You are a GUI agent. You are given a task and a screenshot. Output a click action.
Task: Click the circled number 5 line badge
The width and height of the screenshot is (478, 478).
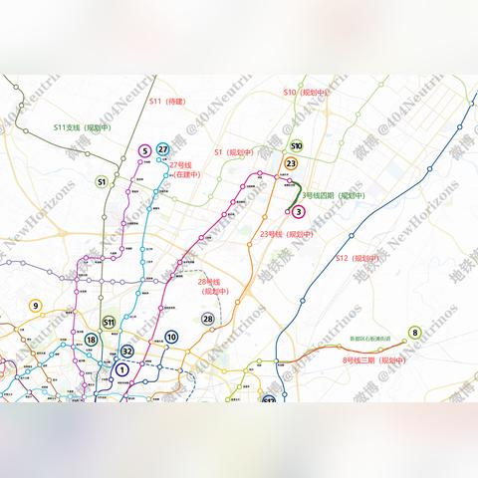pos(145,151)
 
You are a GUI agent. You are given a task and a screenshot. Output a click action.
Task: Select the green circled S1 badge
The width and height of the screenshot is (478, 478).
pos(102,182)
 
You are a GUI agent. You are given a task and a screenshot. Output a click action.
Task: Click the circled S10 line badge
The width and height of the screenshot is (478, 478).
pos(296,145)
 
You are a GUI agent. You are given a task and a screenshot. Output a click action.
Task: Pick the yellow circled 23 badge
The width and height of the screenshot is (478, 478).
pos(291,163)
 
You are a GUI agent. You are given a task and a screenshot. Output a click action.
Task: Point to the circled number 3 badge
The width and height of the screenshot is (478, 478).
pos(298,211)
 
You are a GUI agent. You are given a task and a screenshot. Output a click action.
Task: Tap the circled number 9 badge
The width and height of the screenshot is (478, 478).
pos(36,307)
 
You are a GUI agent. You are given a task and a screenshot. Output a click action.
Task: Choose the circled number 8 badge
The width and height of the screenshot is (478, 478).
pos(414,333)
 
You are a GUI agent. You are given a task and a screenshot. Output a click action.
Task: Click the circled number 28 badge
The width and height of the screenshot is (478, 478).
pos(207,319)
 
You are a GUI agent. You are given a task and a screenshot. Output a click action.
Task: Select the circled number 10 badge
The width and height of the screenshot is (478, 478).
pos(171,337)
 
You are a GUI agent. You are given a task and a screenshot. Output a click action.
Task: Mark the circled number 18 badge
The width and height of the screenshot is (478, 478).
pos(91,340)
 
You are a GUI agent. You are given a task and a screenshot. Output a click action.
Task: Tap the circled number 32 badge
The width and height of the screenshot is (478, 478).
pos(127,351)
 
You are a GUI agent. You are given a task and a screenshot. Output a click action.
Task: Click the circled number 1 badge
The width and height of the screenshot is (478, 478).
pos(121,369)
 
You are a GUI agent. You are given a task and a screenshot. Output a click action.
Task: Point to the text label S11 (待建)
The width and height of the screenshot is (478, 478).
pos(169,101)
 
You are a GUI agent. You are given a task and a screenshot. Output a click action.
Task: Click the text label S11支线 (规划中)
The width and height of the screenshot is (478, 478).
pos(81,127)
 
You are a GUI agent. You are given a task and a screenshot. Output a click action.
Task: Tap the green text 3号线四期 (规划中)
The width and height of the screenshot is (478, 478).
pos(334,195)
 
